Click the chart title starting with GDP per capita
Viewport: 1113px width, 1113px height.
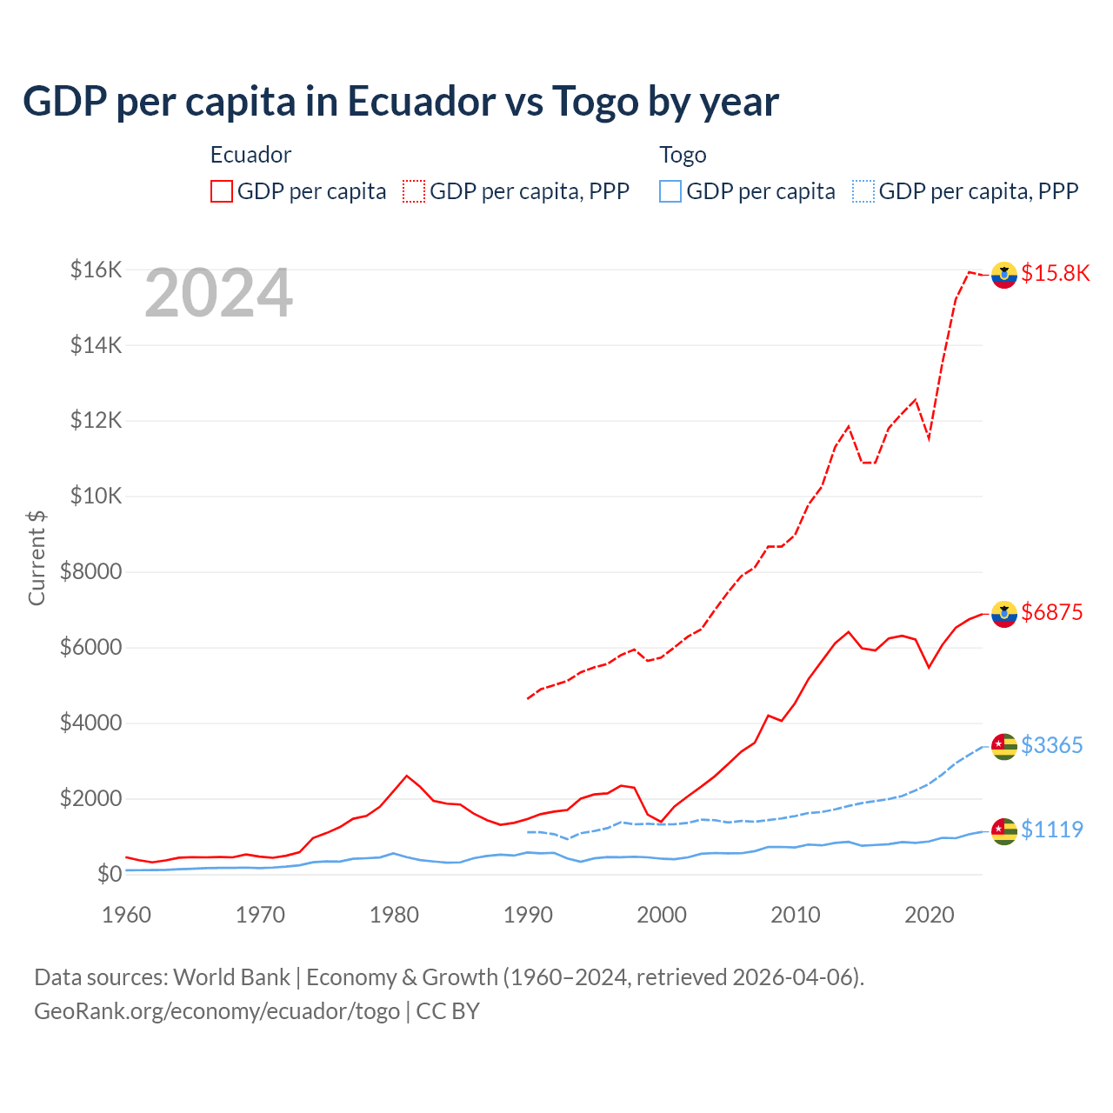pos(400,102)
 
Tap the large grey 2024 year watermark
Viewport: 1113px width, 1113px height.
pos(218,294)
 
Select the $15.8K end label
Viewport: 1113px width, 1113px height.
pos(1055,273)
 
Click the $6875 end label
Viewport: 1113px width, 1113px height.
pos(1051,612)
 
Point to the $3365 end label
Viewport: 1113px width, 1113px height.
pos(1051,745)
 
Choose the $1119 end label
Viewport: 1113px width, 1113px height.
pos(1051,830)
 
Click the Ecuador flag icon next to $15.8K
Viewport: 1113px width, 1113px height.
pos(1004,274)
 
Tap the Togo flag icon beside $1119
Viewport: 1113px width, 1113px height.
pos(1004,830)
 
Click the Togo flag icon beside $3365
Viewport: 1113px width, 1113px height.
pos(1004,746)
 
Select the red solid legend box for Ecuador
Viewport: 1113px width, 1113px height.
pos(222,191)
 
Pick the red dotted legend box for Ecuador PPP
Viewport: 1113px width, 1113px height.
pos(414,191)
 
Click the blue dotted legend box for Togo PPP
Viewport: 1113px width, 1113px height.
pos(863,191)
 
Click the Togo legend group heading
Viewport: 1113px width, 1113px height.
pos(683,155)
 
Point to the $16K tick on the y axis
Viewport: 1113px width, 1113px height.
pos(96,270)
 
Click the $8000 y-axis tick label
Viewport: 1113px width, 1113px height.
pos(90,572)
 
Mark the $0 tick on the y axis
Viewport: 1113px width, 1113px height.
pos(109,874)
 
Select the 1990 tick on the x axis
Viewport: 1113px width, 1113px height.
pos(528,915)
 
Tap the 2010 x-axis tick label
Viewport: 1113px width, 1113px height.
pos(796,915)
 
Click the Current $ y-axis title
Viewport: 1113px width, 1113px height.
pos(37,557)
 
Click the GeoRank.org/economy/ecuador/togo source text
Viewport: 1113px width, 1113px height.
pos(217,1011)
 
